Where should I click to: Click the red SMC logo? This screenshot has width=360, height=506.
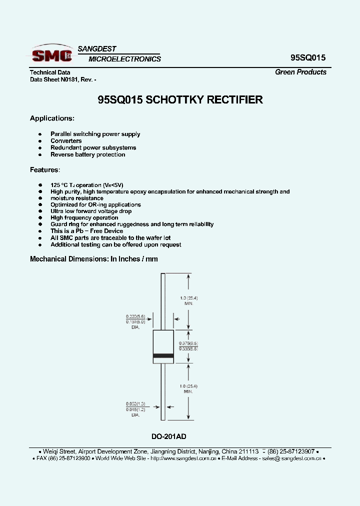coord(51,54)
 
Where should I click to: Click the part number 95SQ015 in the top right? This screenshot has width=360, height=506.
coord(308,57)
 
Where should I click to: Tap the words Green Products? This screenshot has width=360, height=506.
coord(300,72)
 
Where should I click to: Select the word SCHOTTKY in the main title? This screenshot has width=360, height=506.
coord(178,99)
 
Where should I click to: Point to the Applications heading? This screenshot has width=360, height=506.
coord(52,118)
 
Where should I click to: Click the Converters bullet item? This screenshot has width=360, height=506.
coord(66,141)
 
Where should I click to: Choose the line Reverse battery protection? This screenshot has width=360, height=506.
coord(87,154)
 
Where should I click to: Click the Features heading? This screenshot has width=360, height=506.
coord(44,170)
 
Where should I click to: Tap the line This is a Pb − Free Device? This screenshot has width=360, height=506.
coord(86,231)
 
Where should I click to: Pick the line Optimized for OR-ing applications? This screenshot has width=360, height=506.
coord(95,204)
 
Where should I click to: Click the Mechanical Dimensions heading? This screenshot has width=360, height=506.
coord(93,259)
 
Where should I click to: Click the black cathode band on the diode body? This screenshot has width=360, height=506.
coord(163,355)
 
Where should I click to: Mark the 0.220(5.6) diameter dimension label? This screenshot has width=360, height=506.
coord(135,316)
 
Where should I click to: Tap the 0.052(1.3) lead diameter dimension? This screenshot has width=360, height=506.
coord(135,403)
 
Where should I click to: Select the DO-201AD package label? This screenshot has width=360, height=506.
coord(169,436)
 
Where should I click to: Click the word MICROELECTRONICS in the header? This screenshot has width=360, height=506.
coord(124,59)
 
